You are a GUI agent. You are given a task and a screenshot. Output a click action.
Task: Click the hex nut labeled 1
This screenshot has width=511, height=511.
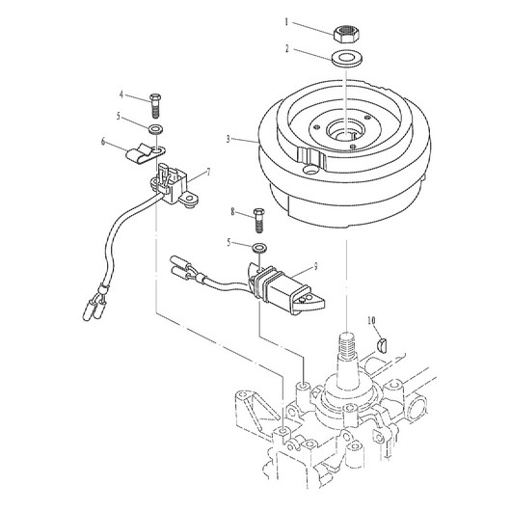click(346, 34)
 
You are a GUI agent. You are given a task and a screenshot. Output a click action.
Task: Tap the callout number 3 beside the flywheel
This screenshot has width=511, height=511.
click(229, 140)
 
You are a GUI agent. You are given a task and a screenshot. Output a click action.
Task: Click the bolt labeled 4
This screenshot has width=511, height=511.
click(155, 106)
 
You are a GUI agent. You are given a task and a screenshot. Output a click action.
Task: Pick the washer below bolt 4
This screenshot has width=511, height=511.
click(156, 129)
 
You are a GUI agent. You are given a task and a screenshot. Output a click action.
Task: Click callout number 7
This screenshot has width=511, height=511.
click(208, 172)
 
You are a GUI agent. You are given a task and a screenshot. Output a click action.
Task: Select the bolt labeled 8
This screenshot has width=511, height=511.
click(259, 220)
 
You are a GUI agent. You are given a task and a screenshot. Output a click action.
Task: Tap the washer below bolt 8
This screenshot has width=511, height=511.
click(259, 248)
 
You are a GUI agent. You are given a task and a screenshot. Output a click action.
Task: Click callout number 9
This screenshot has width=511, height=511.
click(315, 267)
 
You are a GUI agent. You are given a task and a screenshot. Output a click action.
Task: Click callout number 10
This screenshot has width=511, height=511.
click(371, 321)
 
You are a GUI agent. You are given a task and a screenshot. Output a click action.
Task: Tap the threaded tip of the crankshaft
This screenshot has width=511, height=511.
click(347, 344)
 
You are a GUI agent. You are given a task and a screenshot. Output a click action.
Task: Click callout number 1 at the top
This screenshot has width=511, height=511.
click(286, 22)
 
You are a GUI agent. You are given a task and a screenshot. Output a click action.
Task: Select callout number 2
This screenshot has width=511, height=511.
click(287, 49)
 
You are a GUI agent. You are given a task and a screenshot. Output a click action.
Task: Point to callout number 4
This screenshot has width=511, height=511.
click(121, 94)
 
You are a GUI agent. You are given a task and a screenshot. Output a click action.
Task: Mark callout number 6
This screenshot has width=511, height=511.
click(103, 142)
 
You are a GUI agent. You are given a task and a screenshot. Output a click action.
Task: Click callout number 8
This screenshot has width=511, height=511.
click(232, 212)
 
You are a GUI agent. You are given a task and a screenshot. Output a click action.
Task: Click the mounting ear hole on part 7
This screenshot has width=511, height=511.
click(189, 198)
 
